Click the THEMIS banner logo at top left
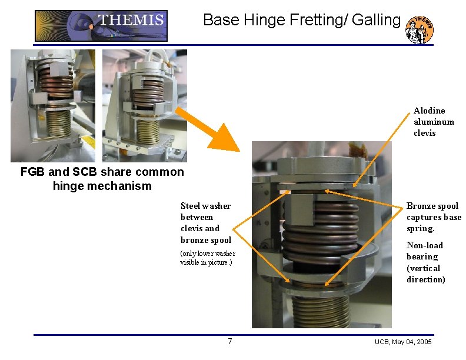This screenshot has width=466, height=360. [101, 26]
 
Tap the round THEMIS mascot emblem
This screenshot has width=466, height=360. [420, 29]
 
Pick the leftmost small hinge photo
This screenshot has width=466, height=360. [52, 105]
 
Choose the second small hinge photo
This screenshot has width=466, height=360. [144, 105]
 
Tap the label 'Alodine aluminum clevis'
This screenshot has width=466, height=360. [434, 122]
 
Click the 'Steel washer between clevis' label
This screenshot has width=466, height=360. [205, 223]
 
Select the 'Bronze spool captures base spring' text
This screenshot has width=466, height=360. [434, 217]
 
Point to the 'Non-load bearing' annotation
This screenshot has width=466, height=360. [425, 262]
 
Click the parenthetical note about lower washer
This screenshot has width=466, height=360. [207, 258]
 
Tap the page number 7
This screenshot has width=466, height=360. [230, 342]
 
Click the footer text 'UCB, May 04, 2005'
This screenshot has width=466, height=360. [403, 342]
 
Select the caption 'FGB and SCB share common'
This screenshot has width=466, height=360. [102, 172]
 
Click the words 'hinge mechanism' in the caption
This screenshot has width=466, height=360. [102, 186]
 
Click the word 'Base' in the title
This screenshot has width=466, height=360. [221, 20]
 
